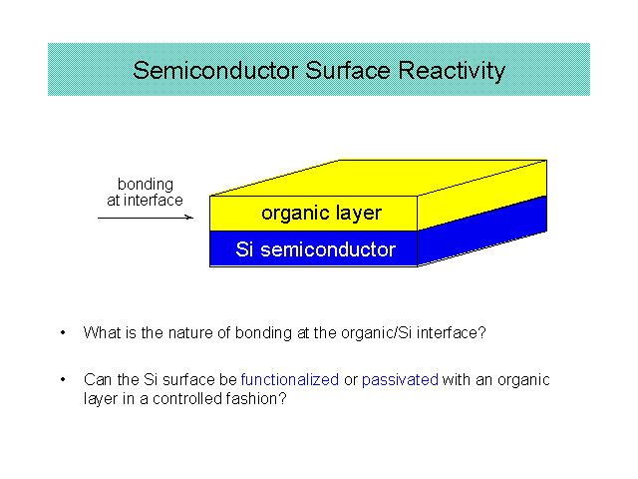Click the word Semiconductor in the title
(x=215, y=71)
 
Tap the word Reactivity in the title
(x=452, y=71)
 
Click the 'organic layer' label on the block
(x=321, y=213)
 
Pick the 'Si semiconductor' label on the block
(x=316, y=249)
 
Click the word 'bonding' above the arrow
(x=146, y=185)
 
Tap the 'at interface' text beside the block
(x=145, y=201)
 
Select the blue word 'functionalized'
(x=290, y=379)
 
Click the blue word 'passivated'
(x=400, y=380)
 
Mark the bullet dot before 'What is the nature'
(x=63, y=332)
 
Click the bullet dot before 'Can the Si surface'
(x=63, y=379)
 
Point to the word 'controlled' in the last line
(x=186, y=399)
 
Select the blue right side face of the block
(x=482, y=231)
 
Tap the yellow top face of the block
(x=379, y=178)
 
